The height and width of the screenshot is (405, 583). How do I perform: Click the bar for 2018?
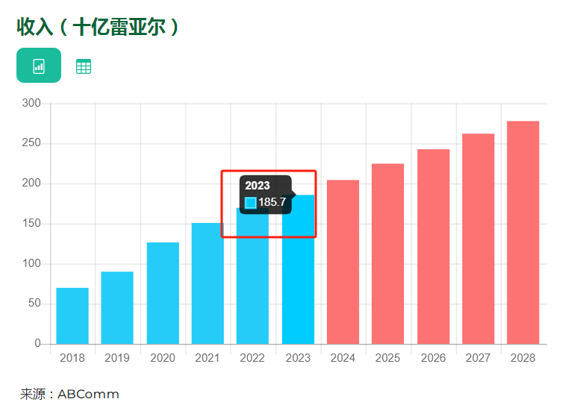click(72, 315)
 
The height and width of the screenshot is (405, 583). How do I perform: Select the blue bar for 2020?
click(163, 293)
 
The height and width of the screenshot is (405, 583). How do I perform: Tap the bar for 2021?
click(208, 283)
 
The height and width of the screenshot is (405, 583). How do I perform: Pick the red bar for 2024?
click(343, 262)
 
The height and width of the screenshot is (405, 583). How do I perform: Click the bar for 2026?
click(433, 247)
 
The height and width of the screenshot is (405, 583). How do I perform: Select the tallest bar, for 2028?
click(523, 232)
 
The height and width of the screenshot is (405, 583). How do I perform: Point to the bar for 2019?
click(117, 307)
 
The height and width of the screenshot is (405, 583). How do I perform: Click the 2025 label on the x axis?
click(387, 358)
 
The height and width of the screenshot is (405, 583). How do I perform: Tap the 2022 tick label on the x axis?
click(252, 358)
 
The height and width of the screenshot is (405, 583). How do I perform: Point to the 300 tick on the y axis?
click(31, 103)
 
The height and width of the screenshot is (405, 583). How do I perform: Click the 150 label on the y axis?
click(31, 224)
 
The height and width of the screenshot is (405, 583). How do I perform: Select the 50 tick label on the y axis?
click(34, 304)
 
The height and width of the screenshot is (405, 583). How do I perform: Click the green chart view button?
click(39, 66)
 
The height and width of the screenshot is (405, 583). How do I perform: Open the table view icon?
click(84, 66)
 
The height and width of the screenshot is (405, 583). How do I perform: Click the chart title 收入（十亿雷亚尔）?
click(98, 27)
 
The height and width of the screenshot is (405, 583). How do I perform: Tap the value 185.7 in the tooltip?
click(272, 202)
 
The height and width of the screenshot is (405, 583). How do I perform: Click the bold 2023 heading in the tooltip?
click(258, 186)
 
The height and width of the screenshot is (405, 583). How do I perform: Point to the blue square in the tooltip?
click(251, 203)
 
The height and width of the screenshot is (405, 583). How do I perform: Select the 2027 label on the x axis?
click(478, 358)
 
